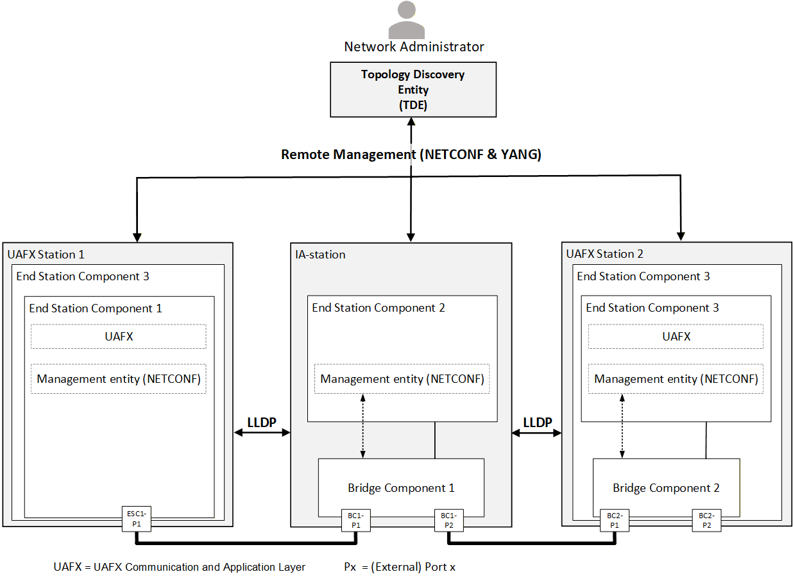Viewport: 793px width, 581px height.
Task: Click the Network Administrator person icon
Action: [406, 20]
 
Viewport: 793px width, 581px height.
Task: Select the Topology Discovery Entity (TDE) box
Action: [413, 90]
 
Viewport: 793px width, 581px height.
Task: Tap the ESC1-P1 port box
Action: [136, 519]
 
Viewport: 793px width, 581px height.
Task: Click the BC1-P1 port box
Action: [356, 521]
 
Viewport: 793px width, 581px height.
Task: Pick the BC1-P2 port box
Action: [449, 521]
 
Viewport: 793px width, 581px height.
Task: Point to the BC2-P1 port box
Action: [615, 521]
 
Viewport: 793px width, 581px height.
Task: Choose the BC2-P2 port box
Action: [706, 521]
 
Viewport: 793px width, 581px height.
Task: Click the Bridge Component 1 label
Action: [401, 488]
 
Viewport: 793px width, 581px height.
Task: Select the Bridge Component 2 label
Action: [666, 488]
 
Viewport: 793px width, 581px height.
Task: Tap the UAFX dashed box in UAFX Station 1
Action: [119, 337]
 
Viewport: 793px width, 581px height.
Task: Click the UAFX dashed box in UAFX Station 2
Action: [676, 337]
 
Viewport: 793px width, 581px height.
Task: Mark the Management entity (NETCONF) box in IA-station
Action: [402, 378]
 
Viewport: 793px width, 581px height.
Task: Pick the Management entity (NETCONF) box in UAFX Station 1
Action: [119, 378]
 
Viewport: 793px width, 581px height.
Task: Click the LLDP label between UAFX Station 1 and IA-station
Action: [262, 422]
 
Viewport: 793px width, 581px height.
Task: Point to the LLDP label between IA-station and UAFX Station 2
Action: [538, 422]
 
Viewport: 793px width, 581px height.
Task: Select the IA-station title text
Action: [320, 255]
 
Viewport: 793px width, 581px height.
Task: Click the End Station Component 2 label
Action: [378, 308]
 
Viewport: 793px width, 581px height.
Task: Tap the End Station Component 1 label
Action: [95, 308]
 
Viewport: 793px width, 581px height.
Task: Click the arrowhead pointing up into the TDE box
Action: [411, 121]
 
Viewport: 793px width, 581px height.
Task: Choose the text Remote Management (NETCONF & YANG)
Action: [411, 155]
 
